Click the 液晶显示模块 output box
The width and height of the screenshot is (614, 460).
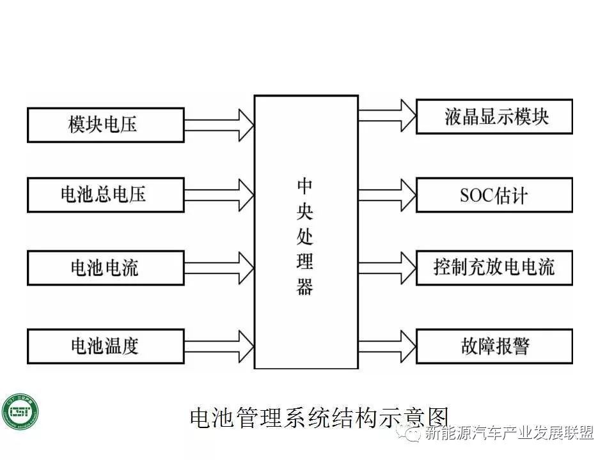494,116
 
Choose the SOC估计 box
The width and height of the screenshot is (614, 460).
494,195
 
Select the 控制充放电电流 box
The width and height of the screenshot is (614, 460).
494,268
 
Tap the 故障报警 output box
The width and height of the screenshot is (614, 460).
494,346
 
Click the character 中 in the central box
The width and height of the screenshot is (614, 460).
305,186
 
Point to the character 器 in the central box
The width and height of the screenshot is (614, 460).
305,287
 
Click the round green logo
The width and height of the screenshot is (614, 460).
20,412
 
